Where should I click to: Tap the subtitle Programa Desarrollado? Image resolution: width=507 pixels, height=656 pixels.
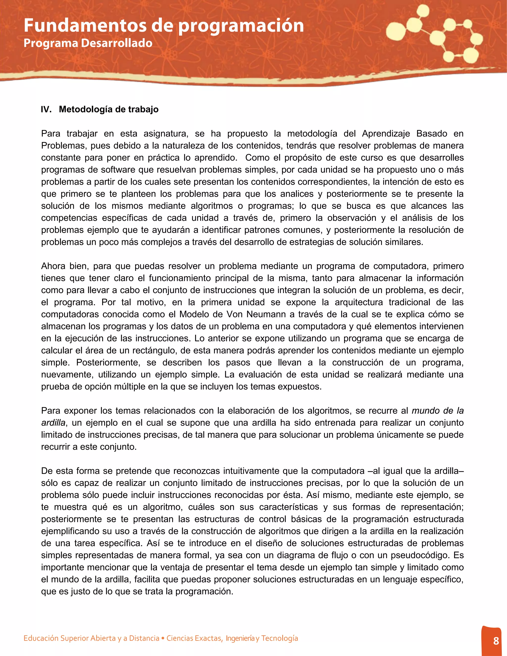pos(88,43)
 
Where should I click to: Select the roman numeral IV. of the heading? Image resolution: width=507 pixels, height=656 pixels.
pos(46,109)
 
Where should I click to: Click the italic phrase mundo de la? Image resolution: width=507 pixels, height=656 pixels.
pos(437,411)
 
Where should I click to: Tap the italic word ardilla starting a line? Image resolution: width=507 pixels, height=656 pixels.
pos(53,423)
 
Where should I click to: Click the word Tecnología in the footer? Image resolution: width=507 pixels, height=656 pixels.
pos(280,638)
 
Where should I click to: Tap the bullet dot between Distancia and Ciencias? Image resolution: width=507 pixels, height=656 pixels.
pos(163,638)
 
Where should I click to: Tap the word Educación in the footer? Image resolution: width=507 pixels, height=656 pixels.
pos(41,638)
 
